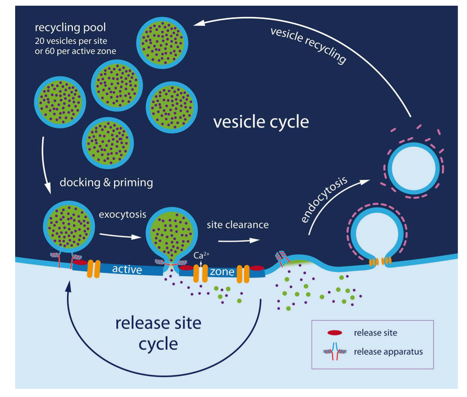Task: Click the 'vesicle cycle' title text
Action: [x=261, y=122]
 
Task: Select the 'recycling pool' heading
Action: [x=70, y=27]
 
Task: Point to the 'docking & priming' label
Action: [x=106, y=183]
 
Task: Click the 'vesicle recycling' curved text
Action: [x=308, y=46]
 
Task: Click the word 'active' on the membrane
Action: [x=127, y=270]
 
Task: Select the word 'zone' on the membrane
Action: [x=221, y=272]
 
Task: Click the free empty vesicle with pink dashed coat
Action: [x=409, y=168]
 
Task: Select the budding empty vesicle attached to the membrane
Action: [x=374, y=234]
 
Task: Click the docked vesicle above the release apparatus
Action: [x=66, y=226]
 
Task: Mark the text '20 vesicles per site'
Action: [x=75, y=41]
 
